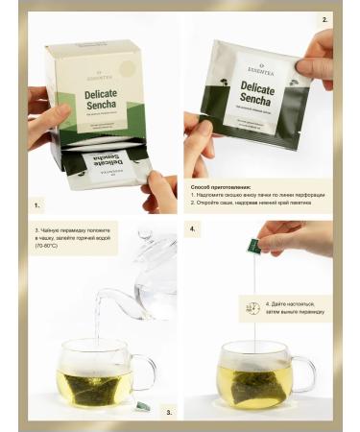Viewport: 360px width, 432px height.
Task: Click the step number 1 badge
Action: click(x=37, y=205)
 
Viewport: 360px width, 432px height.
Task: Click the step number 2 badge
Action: click(x=324, y=19)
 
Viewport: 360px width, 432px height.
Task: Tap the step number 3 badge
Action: click(x=169, y=411)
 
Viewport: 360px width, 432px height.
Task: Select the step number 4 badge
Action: click(x=193, y=230)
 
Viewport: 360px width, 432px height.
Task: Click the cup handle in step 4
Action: click(x=305, y=372)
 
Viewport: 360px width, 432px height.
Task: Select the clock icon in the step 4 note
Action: click(x=252, y=307)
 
